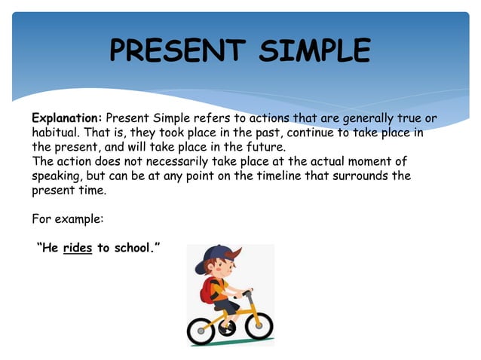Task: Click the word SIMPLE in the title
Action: point(314,51)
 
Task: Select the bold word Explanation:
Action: point(66,118)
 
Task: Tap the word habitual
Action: point(54,133)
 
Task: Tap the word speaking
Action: point(57,176)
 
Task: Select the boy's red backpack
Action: point(208,290)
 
